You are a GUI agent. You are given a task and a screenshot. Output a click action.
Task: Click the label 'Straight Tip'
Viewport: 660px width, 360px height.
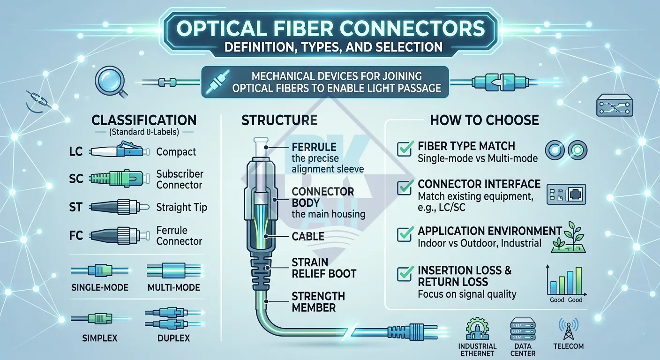click(x=181, y=207)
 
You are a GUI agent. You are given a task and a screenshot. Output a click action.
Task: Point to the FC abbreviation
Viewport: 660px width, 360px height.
click(x=76, y=235)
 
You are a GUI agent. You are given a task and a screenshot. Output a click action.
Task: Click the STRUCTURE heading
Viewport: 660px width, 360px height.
click(x=279, y=120)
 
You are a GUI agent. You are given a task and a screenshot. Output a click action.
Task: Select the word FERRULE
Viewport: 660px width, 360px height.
click(x=314, y=147)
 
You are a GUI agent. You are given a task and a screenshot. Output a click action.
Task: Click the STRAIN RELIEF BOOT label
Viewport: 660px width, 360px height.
click(x=324, y=268)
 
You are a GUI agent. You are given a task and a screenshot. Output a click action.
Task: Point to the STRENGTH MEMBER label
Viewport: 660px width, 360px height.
click(x=318, y=302)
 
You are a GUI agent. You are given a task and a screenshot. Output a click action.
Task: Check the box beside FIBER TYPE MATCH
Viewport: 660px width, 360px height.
click(x=404, y=149)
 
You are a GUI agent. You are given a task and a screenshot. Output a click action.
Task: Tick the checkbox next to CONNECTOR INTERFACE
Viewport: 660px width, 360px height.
click(x=404, y=187)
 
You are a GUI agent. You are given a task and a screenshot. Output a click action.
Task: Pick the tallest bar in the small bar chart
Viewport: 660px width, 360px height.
click(x=578, y=280)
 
